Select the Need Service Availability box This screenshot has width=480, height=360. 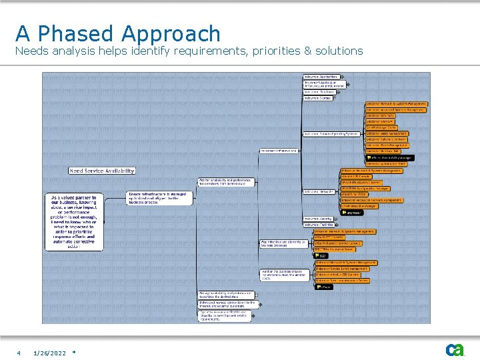coord(101,171)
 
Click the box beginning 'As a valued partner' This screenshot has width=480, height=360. coord(74,221)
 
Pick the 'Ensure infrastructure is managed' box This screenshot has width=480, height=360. coord(159,198)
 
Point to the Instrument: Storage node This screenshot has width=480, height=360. coord(317,98)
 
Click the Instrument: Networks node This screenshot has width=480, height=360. coord(319,191)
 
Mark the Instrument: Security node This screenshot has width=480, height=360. coord(318,219)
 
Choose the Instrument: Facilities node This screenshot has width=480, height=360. coord(319,225)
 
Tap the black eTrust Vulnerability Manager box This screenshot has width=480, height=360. coord(389,157)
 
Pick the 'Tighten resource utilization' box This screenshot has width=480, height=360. coord(225,315)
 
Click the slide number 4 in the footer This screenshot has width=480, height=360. coord(19,353)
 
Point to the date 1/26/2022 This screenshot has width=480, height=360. coord(49,353)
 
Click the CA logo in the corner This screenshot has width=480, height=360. coord(455,350)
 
